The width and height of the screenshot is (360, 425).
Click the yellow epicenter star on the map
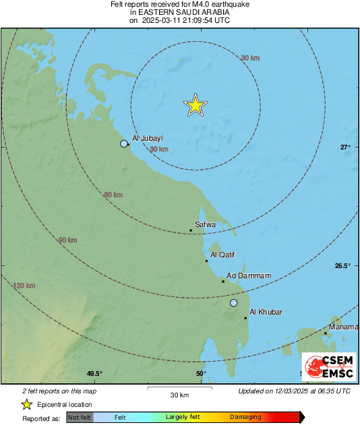pos(195,105)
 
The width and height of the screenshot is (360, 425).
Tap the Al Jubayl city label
pos(148,139)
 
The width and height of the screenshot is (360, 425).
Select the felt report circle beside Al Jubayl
pos(123,143)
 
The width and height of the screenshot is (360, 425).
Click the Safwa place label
pos(205,224)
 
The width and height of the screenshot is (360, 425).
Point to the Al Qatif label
pos(222,255)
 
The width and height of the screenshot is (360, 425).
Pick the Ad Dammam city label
pos(249,275)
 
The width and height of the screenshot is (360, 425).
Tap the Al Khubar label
pos(265,312)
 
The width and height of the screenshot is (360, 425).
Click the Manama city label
pos(343,326)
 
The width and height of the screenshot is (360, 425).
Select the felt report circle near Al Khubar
pos(234,303)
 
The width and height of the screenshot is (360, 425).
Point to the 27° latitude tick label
pos(345,148)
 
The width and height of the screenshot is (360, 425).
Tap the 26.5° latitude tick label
pos(342,265)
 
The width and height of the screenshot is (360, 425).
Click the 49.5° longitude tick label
pos(94,374)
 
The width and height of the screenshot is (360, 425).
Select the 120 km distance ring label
pos(24,286)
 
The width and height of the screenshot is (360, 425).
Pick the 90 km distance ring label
pos(67,240)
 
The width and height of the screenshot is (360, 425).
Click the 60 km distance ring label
pos(113,195)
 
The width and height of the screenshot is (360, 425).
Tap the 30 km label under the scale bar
pos(179,395)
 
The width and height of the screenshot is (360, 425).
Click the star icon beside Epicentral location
pos(26,404)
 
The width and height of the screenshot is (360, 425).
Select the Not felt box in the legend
pos(80,418)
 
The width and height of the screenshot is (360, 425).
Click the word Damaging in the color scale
pos(245,418)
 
